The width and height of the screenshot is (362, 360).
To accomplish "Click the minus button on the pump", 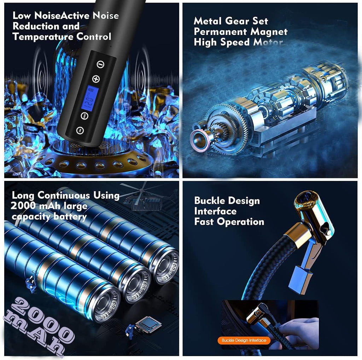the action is click(x=100, y=64).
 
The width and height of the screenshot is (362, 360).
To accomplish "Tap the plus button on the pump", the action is click(x=96, y=79).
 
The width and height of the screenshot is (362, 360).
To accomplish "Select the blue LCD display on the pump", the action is click(x=91, y=98).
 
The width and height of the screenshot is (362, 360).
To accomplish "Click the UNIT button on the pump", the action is click(x=84, y=116).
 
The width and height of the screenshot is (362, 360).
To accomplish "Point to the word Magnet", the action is click(x=269, y=32).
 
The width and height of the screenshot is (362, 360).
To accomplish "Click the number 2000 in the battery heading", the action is click(x=23, y=206).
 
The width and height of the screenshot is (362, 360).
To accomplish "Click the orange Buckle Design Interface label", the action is click(x=244, y=340).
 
